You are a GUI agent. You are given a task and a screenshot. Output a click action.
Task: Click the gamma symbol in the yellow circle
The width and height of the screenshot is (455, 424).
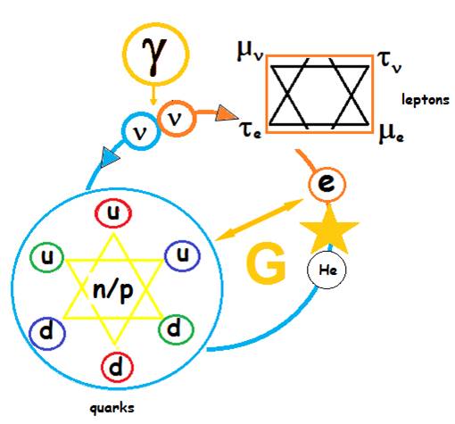point(154,56)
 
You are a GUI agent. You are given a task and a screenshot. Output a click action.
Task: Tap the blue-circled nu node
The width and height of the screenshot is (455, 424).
point(141,131)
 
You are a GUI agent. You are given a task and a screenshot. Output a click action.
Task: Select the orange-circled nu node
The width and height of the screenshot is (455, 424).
point(177,119)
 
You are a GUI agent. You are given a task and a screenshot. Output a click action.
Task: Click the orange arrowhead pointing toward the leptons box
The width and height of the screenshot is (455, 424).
point(226,113)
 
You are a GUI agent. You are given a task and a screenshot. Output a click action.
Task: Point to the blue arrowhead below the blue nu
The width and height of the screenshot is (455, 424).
point(110,157)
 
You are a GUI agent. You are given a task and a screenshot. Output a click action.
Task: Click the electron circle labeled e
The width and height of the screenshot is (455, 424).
point(327,183)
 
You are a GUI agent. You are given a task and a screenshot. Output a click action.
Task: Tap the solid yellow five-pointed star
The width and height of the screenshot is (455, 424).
point(329,229)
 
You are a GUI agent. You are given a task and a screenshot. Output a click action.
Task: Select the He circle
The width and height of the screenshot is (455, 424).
point(327,270)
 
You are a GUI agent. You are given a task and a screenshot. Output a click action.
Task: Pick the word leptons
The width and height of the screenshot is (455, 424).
point(426,100)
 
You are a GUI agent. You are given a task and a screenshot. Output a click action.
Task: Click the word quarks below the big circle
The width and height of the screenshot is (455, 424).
point(112,408)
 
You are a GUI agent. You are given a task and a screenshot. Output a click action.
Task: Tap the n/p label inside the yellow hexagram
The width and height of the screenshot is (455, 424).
point(112,291)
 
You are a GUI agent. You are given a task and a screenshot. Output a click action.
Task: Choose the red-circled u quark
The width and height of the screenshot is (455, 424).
point(113,213)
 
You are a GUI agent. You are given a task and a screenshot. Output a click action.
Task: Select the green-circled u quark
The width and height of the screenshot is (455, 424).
point(47,258)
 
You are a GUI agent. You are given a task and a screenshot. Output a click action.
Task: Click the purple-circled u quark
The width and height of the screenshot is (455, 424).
point(183,255)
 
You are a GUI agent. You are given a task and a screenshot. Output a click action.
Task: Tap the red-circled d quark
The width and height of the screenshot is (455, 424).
point(117,367)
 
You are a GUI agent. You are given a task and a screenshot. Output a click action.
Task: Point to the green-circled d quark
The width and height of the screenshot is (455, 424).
point(176,329)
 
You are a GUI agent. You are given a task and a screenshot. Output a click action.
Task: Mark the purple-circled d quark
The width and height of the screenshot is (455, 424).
point(47,333)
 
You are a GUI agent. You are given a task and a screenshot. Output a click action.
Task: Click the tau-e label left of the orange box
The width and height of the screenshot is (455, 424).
point(250,130)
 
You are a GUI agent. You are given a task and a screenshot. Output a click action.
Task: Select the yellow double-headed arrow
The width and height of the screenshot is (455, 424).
point(259,220)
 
